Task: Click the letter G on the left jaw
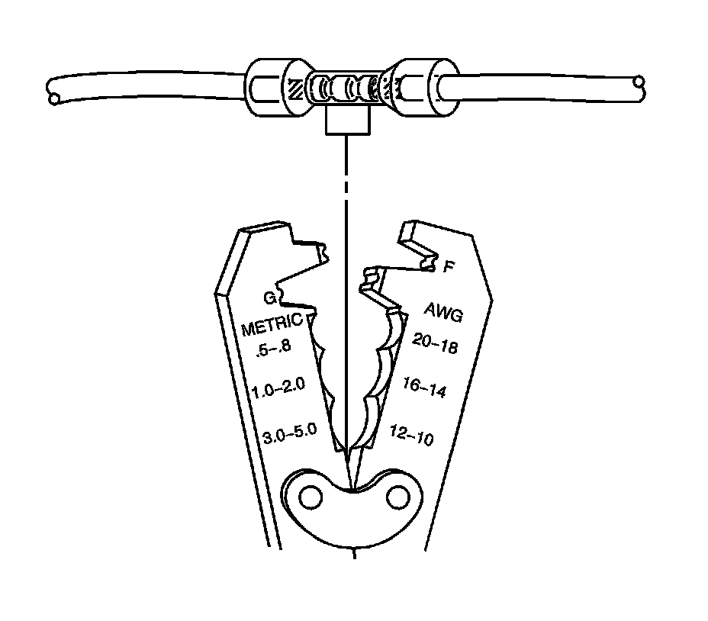[x=269, y=297]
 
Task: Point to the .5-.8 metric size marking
[x=274, y=349]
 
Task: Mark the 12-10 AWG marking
[x=412, y=435]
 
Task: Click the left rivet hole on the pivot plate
[x=310, y=498]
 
